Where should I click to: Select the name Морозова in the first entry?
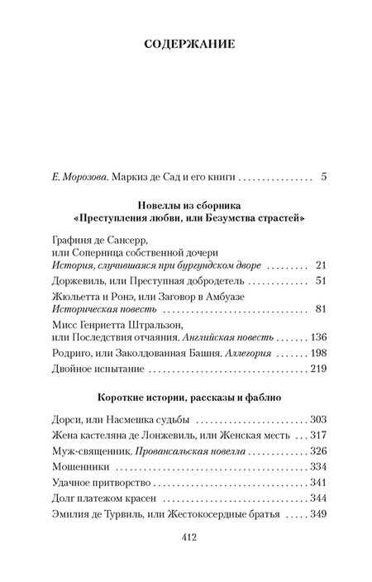click(88, 176)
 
